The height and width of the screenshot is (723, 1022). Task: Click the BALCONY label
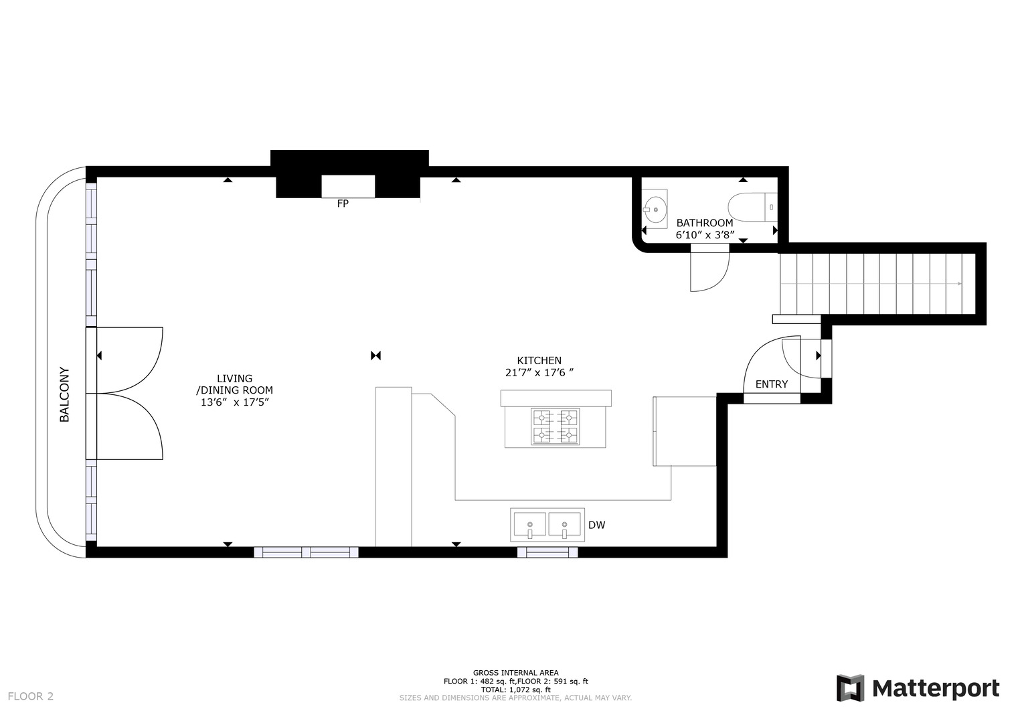coord(64,394)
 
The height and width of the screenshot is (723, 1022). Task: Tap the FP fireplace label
coord(343,204)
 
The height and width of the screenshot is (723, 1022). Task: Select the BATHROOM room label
coord(704,223)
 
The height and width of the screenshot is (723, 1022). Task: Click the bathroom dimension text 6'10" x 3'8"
coord(705,236)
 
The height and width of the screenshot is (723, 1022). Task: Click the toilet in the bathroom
coord(752,208)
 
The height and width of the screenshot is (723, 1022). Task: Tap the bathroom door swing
coord(709,271)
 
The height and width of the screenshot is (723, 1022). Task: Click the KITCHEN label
coord(539,361)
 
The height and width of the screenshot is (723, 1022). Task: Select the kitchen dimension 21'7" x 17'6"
coord(539,373)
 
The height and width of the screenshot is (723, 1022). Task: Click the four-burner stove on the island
coord(555,426)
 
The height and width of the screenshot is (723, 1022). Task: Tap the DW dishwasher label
coord(596,526)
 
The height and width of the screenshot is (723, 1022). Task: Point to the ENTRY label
coord(771,384)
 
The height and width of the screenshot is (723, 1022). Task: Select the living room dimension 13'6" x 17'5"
coord(234,402)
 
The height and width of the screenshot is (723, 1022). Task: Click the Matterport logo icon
coord(850,688)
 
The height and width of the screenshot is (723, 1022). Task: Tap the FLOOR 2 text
coord(31,696)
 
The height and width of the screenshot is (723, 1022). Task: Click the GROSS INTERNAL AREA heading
coord(515,673)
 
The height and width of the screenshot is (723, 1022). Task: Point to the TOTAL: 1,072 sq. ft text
coord(515,690)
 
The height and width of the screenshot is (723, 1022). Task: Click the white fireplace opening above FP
coord(348,186)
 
